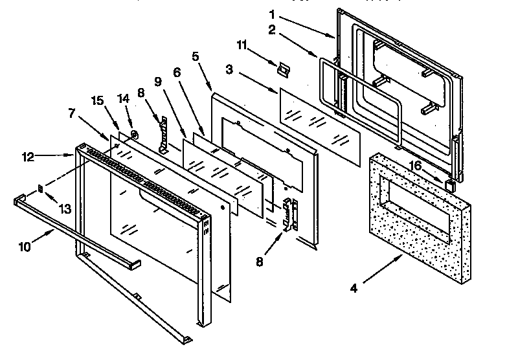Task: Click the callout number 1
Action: click(x=273, y=14)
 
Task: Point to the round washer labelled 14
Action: click(x=133, y=134)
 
